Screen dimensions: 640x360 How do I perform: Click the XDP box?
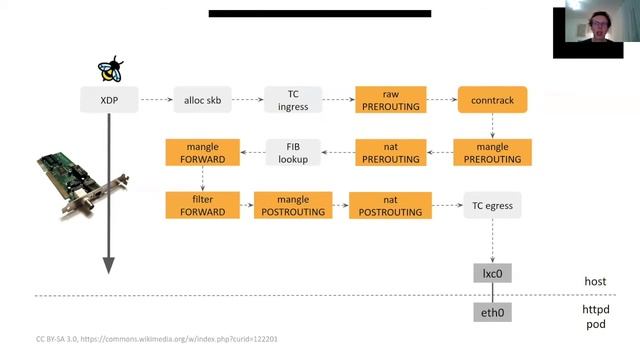pos(108,100)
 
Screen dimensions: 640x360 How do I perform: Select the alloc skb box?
pos(201,100)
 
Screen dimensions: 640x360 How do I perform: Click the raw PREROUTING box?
pos(390,100)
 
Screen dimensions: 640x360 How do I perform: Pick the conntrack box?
pos(492,100)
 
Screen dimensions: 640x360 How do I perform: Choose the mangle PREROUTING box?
pos(492,153)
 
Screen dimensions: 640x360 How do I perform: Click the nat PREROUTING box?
pos(390,153)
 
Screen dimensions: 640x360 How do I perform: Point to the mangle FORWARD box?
pos(202,153)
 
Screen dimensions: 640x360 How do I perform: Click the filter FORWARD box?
pos(202,206)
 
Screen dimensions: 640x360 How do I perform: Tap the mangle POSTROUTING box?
pos(292,206)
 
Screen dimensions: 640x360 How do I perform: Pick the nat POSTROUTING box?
pos(390,206)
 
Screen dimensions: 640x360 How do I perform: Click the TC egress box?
pos(492,206)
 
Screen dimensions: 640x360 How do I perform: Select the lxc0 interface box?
pos(491,273)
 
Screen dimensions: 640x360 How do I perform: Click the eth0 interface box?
pos(491,313)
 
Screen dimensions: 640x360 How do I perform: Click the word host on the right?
pos(595,283)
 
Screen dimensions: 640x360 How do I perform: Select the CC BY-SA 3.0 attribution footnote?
pos(156,340)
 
